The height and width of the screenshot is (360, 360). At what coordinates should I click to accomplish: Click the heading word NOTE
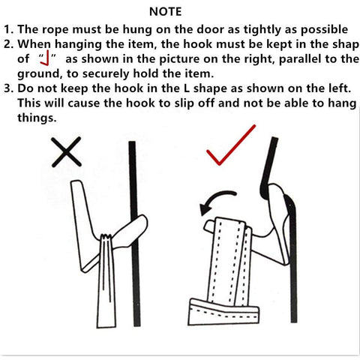(165, 12)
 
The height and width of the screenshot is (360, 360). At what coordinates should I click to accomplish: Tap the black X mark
(67, 151)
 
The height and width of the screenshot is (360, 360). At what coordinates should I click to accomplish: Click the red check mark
(231, 145)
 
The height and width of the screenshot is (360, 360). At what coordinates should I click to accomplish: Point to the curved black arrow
(215, 197)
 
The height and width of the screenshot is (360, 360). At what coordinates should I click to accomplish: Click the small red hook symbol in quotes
(46, 58)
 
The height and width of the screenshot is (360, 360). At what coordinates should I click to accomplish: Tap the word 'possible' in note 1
(324, 30)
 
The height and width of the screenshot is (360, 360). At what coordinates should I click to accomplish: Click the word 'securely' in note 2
(106, 74)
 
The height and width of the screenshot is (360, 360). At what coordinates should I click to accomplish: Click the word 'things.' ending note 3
(37, 118)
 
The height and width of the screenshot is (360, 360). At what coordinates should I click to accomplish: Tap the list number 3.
(8, 88)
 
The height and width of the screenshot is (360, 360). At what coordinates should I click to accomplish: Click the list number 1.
(8, 30)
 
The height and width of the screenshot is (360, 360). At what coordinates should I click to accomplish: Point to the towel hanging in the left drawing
(106, 280)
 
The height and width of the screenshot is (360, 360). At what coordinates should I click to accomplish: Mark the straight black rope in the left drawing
(134, 234)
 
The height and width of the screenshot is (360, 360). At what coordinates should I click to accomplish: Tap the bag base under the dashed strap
(223, 313)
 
